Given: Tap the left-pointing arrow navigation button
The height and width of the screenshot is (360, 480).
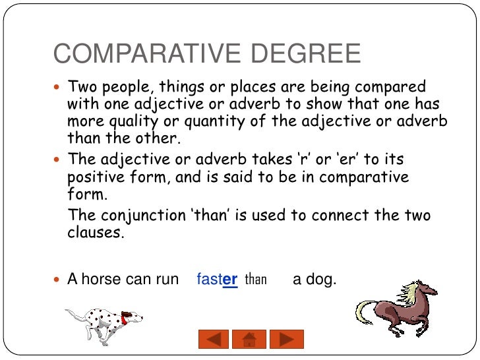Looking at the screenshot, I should click(213, 339).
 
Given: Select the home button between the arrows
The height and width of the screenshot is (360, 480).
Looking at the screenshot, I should click(249, 339).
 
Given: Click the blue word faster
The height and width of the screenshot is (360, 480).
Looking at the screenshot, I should click(217, 280).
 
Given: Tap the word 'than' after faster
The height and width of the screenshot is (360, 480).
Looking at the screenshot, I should click(255, 280).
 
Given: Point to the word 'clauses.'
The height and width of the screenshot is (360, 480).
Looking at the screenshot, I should click(96, 233).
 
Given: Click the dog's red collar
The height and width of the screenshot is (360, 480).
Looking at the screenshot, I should click(123, 320).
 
